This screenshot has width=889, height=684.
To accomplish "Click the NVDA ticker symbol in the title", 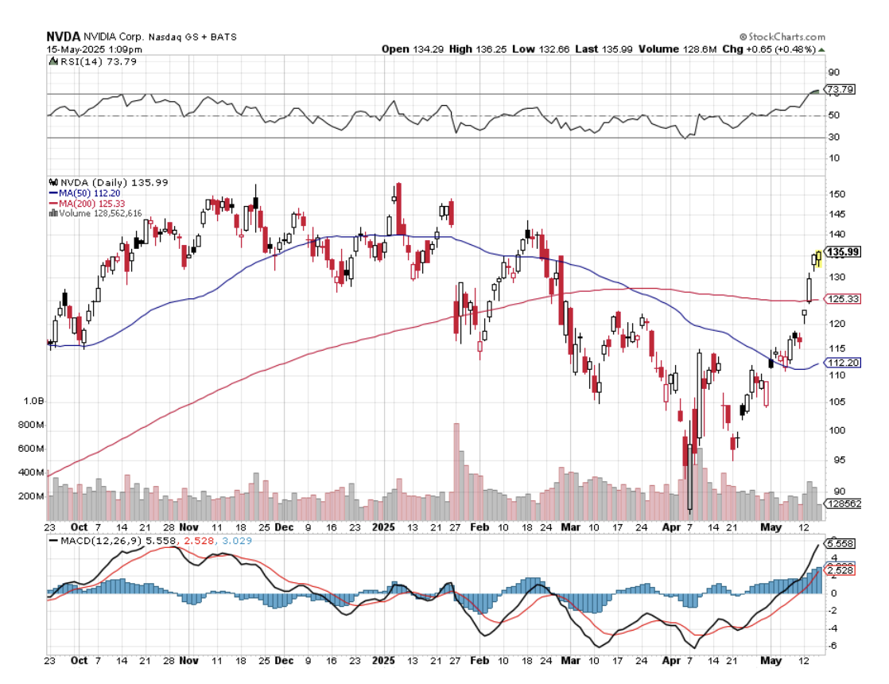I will click(x=61, y=37).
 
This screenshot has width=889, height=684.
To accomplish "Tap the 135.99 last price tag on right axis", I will click(x=844, y=252).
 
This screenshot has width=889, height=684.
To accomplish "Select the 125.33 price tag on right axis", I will click(x=844, y=299).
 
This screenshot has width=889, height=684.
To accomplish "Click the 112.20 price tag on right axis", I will click(x=844, y=363).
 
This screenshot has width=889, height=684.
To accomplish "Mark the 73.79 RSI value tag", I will click(x=840, y=89).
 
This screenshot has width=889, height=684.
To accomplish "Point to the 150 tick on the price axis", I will click(x=836, y=194).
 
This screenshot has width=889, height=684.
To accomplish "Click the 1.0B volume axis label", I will click(x=34, y=402).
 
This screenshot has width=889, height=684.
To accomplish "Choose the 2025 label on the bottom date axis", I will click(x=384, y=527).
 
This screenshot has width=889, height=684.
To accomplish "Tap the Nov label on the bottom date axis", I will click(x=188, y=527).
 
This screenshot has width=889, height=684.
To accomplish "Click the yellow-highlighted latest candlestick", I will click(x=818, y=257).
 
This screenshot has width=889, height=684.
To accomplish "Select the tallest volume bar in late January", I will click(x=456, y=469).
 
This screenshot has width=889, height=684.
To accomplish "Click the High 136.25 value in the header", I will click(x=472, y=49).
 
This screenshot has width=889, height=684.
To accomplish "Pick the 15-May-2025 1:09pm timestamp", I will click(x=87, y=49).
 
